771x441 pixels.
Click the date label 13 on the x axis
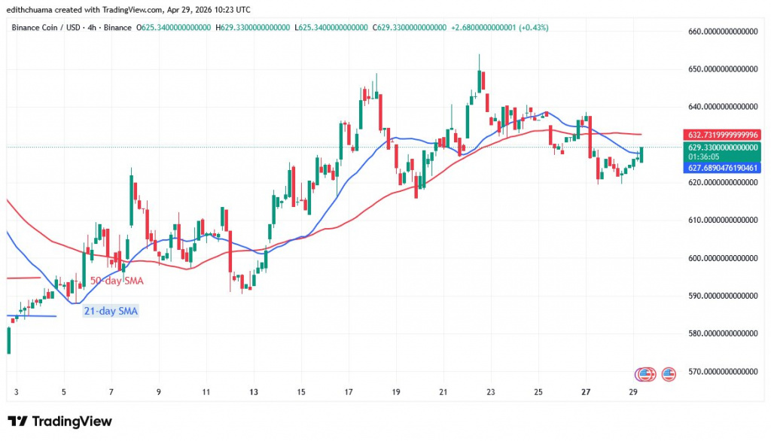pyautogui.click(x=254, y=392)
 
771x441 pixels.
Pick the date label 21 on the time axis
pyautogui.click(x=443, y=392)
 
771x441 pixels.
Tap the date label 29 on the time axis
pyautogui.click(x=633, y=392)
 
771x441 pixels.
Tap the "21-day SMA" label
pyautogui.click(x=111, y=311)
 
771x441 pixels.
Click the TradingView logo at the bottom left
pyautogui.click(x=59, y=421)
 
